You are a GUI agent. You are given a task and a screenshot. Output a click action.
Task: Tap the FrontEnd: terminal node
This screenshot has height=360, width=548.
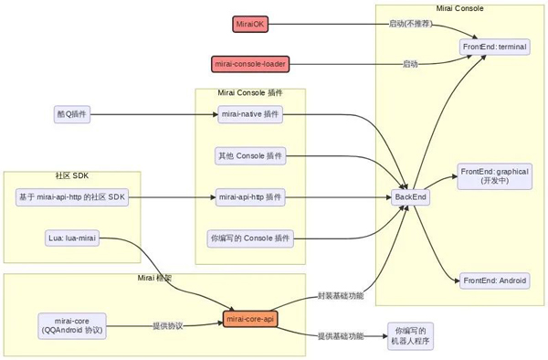tap(494, 46)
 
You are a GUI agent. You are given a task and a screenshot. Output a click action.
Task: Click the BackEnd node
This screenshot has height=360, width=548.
tap(410, 196)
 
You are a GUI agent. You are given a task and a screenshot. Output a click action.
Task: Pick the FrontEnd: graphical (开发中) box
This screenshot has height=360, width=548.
tap(494, 175)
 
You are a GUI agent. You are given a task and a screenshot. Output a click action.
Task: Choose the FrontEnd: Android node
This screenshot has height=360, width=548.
tap(494, 281)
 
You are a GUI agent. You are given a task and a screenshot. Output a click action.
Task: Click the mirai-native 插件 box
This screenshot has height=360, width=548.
tap(249, 114)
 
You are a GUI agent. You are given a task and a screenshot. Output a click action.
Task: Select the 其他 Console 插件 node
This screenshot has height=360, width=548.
tap(249, 155)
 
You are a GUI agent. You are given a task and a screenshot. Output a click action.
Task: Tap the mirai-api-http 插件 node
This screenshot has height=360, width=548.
tap(249, 196)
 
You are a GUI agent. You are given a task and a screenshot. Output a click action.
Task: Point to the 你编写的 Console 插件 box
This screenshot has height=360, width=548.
tap(249, 238)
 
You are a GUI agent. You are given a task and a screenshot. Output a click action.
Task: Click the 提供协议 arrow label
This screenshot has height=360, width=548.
tap(166, 325)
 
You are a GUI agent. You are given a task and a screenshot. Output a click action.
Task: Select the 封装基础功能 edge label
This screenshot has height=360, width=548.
tap(340, 296)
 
